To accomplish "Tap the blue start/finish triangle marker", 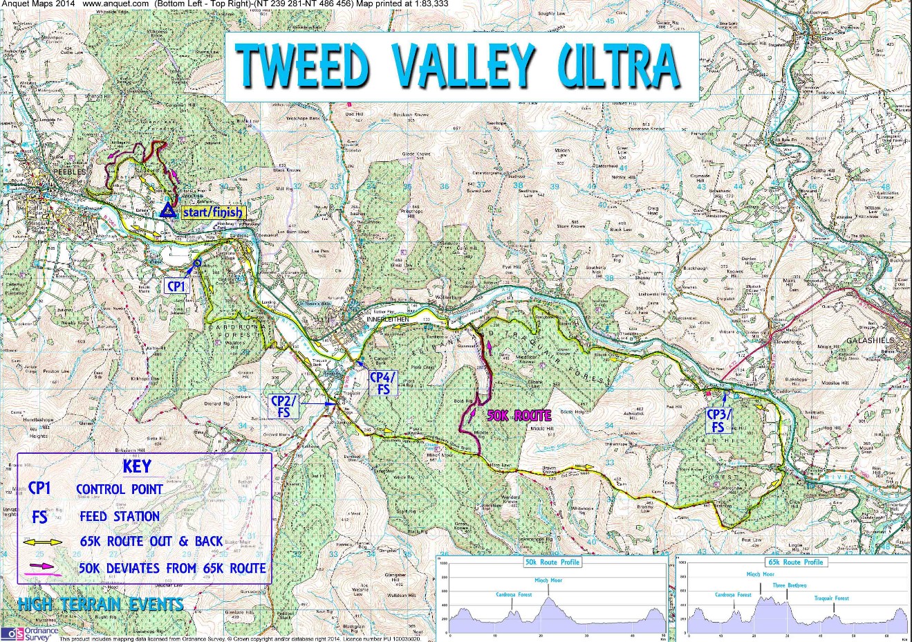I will click(x=166, y=210).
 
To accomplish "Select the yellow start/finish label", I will click(x=212, y=212).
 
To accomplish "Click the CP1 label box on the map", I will click(x=176, y=285).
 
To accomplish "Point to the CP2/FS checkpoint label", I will click(x=284, y=406).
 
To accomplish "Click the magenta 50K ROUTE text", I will click(x=519, y=415).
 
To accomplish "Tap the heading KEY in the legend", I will click(x=136, y=466).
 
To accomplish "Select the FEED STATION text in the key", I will click(x=120, y=516).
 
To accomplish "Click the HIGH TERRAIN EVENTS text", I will click(x=101, y=604).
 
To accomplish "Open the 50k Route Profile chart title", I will click(x=551, y=562).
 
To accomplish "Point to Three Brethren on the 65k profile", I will click(x=789, y=585).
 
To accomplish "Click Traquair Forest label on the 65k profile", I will click(x=831, y=598).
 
